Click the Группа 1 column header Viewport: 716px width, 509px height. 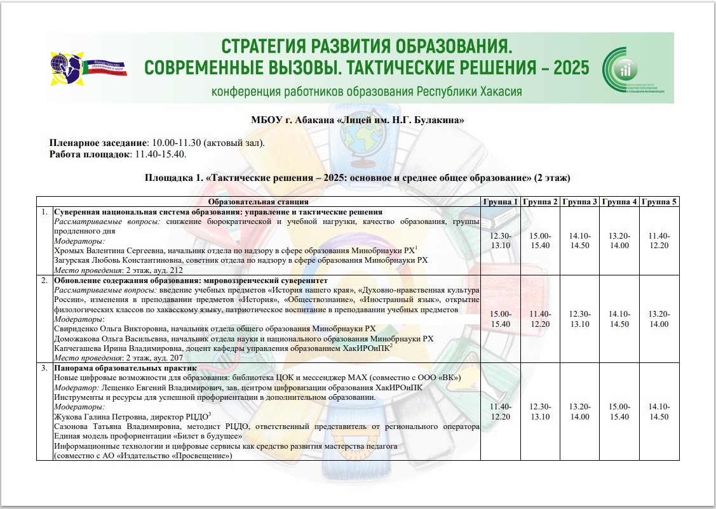[501, 202]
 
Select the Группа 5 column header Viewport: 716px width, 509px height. [659, 202]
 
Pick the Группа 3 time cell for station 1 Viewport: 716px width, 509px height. [579, 241]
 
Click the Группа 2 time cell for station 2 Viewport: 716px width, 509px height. [540, 319]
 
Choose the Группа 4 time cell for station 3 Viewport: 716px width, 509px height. [619, 411]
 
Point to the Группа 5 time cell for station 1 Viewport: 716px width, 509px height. [659, 241]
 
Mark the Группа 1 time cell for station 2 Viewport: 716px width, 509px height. [501, 319]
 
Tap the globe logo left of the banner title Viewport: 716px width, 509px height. [65, 67]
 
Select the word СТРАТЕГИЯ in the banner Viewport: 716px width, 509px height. [262, 46]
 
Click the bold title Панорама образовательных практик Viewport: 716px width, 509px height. [125, 368]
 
